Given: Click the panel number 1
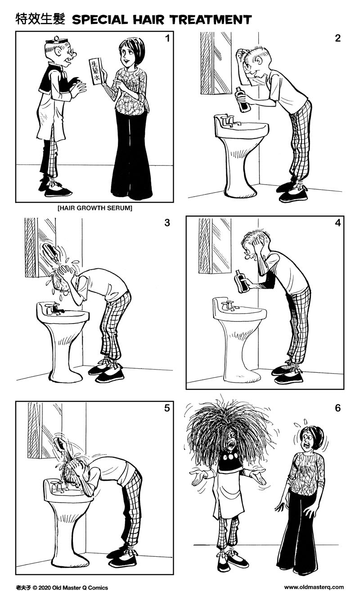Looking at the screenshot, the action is [167, 38].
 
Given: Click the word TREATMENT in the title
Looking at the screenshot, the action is [207, 19].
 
